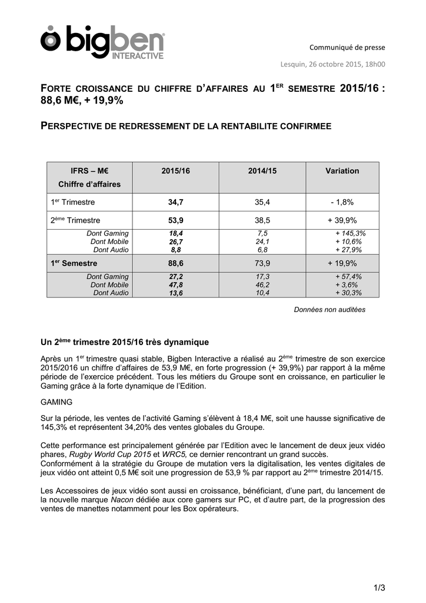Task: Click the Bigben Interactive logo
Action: pos(102,42)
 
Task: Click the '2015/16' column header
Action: pos(176,171)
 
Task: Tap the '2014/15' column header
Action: pos(262,171)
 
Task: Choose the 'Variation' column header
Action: pos(342,171)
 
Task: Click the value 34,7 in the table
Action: pos(176,202)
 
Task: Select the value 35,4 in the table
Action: pos(262,202)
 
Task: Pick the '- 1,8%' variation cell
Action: pos(342,202)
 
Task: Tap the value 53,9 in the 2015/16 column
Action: pos(176,220)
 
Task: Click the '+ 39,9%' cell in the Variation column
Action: pos(342,220)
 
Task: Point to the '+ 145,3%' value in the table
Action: pos(350,233)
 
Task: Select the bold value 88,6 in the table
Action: pos(176,263)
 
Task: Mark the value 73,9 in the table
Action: pos(262,263)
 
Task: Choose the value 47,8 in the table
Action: pos(176,284)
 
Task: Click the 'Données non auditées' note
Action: pos(330,310)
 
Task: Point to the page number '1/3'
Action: pos(379,587)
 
